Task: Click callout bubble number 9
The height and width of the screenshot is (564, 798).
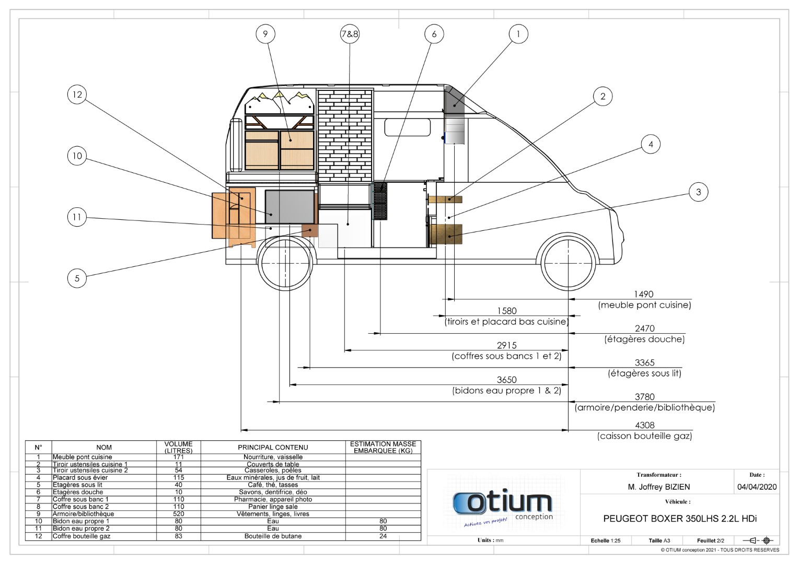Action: pyautogui.click(x=265, y=34)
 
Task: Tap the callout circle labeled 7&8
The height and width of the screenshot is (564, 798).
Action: pyautogui.click(x=350, y=34)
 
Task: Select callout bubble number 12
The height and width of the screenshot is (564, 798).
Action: pyautogui.click(x=77, y=95)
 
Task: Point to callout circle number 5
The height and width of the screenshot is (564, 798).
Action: pyautogui.click(x=77, y=278)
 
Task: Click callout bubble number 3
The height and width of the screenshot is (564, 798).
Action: pyautogui.click(x=699, y=192)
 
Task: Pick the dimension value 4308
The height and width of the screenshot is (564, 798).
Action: pyautogui.click(x=644, y=425)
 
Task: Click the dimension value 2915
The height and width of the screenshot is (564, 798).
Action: pyautogui.click(x=506, y=345)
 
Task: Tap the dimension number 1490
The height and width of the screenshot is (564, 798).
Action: pyautogui.click(x=644, y=294)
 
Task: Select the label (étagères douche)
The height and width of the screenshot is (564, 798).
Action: pyautogui.click(x=644, y=339)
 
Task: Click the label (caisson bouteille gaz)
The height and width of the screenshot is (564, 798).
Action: pyautogui.click(x=644, y=436)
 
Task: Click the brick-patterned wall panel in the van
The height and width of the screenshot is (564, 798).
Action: pyautogui.click(x=345, y=135)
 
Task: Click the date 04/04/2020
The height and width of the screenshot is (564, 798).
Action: pyautogui.click(x=757, y=487)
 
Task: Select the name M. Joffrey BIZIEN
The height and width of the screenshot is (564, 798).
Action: pyautogui.click(x=658, y=487)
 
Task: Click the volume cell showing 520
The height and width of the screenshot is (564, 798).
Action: pyautogui.click(x=178, y=514)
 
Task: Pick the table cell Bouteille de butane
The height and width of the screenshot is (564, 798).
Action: pyautogui.click(x=273, y=536)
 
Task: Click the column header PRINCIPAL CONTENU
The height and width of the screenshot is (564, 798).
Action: pyautogui.click(x=273, y=447)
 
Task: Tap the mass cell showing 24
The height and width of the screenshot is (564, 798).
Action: pyautogui.click(x=383, y=536)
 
